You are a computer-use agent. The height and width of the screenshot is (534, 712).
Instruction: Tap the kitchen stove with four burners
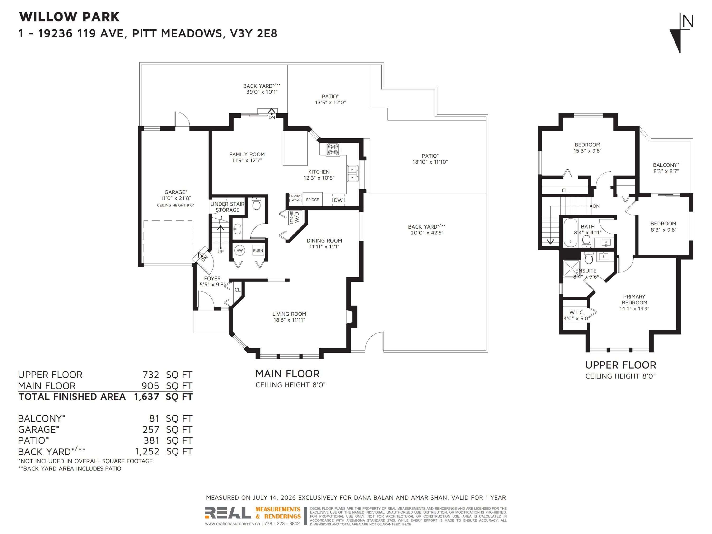coord(333,150)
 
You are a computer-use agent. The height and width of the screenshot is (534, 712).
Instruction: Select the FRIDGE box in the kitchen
coord(312,200)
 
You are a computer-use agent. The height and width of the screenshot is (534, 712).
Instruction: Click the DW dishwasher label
coord(338,200)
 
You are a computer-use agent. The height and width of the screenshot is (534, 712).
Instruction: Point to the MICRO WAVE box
coord(295,198)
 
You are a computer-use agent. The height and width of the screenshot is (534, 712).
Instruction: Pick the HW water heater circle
coord(239,250)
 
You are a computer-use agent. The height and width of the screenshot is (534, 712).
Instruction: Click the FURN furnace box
coord(258,250)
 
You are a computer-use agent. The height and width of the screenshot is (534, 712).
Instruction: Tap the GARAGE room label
coord(175,192)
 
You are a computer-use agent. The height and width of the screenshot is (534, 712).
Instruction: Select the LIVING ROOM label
coord(289,314)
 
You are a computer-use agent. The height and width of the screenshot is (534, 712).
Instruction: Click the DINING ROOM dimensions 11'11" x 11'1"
coord(324,247)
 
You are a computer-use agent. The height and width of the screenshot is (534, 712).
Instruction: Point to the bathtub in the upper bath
coord(570,232)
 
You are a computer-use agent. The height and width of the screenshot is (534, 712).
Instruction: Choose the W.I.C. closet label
coord(576,313)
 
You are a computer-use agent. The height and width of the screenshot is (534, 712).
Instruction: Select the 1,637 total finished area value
coord(146,397)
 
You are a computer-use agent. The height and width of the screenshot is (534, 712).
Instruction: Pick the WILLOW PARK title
coord(69,17)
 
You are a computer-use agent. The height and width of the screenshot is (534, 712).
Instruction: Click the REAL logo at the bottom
coord(228,513)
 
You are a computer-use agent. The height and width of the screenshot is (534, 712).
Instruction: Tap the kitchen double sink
coord(352,173)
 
